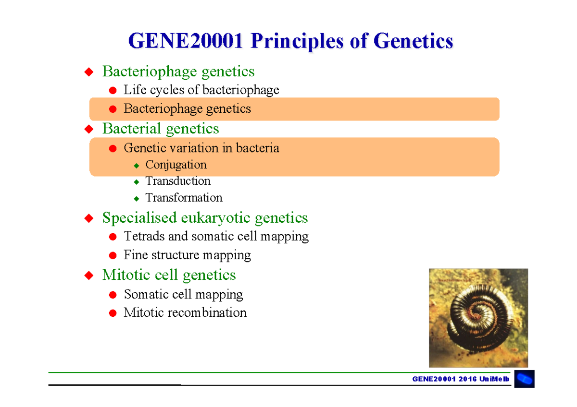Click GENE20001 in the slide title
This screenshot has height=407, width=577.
click(185, 41)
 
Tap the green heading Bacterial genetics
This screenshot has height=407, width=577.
click(161, 129)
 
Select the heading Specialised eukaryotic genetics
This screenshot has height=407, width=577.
click(205, 218)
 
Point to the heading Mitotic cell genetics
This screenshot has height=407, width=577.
click(169, 275)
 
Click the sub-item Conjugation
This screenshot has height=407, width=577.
click(176, 165)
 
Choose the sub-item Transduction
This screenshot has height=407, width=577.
click(178, 181)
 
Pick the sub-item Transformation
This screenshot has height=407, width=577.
click(184, 198)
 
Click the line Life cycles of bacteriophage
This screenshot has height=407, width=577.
click(201, 90)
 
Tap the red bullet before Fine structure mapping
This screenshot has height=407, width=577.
click(113, 255)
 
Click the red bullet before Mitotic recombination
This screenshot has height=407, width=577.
click(113, 313)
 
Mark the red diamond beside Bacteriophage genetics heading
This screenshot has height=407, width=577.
click(88, 72)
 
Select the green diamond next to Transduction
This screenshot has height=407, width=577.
click(137, 182)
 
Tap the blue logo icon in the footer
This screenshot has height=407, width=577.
click(524, 379)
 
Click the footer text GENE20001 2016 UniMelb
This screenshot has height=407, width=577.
click(460, 379)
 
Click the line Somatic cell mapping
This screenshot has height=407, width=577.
click(183, 294)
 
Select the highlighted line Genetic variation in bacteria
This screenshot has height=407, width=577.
click(201, 148)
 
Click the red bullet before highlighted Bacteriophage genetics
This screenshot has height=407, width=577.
click(113, 109)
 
